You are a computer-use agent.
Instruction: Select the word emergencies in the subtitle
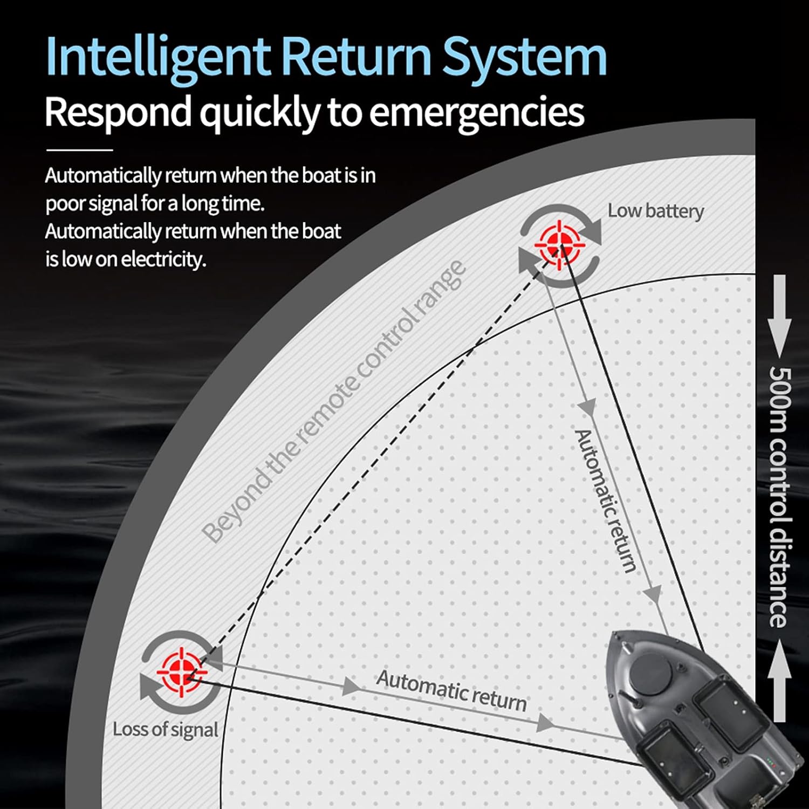(477, 112)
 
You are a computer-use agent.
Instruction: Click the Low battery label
(656, 211)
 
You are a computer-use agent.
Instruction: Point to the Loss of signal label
(165, 729)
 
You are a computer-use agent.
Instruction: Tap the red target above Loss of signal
(182, 672)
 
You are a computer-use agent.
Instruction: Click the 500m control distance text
(780, 496)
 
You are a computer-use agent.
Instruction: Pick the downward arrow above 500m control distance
(780, 316)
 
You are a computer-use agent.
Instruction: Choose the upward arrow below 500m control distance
(780, 680)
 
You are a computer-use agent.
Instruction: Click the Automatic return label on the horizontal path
(451, 691)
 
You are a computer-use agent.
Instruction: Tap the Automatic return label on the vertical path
(605, 501)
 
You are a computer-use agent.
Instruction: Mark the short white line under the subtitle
(79, 149)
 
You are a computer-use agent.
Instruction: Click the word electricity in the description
(163, 260)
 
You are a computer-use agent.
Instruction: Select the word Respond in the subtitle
(118, 112)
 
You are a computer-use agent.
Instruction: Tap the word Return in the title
(357, 57)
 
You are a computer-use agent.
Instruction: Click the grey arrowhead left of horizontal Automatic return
(352, 687)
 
